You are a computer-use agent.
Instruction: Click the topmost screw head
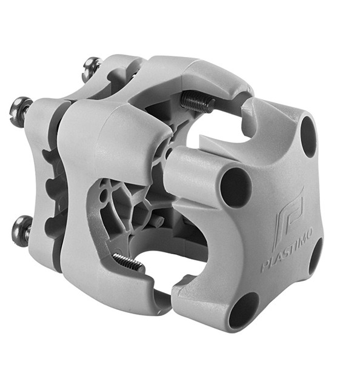point(90,69)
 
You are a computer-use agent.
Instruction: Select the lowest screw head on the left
point(21,230)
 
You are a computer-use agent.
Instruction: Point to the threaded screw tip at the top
point(198,102)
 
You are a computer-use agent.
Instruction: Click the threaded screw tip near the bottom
point(128,262)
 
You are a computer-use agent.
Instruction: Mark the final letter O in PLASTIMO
point(308,234)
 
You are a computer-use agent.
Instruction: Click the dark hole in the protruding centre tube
point(236,187)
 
